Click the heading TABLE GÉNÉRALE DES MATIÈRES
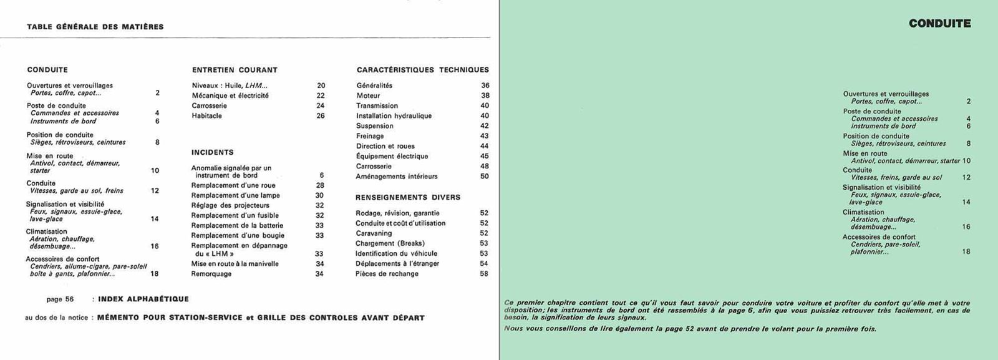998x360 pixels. point(95,27)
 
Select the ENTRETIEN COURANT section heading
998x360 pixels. point(235,70)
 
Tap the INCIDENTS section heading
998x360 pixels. point(212,152)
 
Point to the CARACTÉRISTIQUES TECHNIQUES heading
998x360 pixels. point(422,70)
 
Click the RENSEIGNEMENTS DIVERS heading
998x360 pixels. point(407,197)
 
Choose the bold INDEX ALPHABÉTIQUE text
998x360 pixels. point(143,299)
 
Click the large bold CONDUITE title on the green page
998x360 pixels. point(939,24)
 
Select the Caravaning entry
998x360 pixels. point(374,233)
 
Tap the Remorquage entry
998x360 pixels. point(211,274)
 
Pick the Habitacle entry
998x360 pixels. point(206,116)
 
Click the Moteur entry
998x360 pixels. point(368,96)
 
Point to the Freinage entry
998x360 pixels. point(370,136)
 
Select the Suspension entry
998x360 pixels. point(374,126)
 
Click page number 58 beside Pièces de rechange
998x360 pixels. point(484,274)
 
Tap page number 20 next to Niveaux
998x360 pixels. point(321,85)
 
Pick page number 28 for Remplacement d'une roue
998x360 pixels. point(320,185)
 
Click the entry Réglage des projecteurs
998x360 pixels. point(230,205)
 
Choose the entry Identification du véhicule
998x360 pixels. point(396,254)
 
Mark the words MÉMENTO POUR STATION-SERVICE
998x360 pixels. point(170,318)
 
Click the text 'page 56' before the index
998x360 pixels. point(60,299)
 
